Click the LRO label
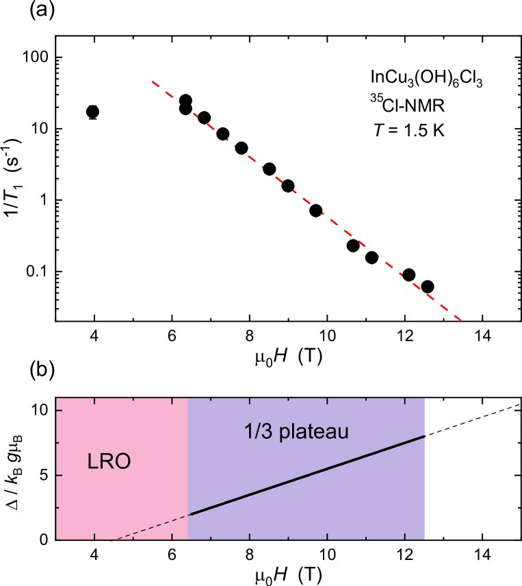click(x=109, y=461)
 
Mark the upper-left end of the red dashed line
click(x=152, y=81)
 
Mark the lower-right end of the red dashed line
click(x=469, y=327)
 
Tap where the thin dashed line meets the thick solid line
click(x=188, y=515)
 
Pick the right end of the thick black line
click(x=425, y=435)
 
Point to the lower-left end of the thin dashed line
click(x=116, y=539)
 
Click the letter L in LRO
click(x=92, y=461)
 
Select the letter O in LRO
click(x=123, y=461)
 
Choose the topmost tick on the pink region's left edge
click(x=60, y=410)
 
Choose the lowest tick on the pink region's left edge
click(x=60, y=507)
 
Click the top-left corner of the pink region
click(x=56, y=398)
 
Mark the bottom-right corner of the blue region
click(x=425, y=539)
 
